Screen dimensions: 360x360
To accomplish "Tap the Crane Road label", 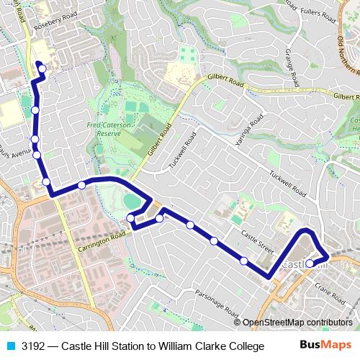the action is tap(332, 289).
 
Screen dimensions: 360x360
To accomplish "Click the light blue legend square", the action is tap(9, 346).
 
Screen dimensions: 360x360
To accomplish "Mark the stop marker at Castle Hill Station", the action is tap(310, 264).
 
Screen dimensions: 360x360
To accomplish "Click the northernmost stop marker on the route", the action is tap(42, 68).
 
